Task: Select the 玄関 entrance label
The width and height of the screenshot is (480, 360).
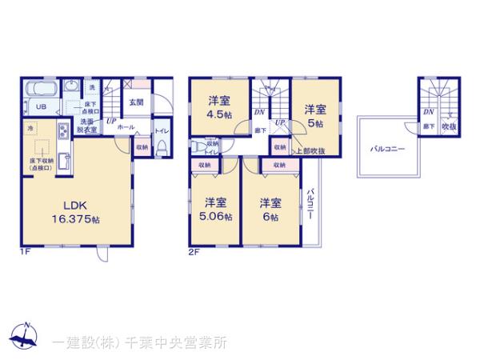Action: point(137,102)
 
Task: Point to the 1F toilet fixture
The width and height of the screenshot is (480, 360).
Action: point(161,146)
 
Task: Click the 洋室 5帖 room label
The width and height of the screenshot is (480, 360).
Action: point(313,117)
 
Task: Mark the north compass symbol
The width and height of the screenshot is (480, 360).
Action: point(24,335)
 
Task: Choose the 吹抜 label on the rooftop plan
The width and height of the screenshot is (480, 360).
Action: point(452,126)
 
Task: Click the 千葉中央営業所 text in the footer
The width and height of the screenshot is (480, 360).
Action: point(183,342)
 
